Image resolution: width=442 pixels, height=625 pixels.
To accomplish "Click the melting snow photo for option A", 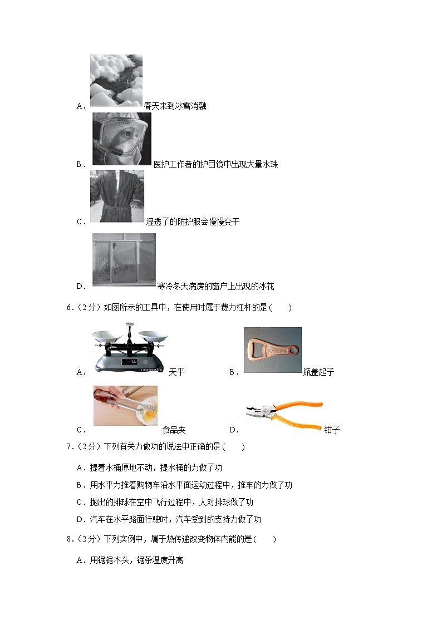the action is coord(116,81).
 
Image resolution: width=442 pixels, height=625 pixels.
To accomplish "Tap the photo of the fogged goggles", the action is coord(122,139).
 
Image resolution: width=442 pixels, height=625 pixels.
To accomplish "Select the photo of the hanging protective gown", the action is coord(117,196).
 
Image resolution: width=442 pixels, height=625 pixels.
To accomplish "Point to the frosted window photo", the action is coord(124,260).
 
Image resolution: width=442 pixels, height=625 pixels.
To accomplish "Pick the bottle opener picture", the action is coord(273,350).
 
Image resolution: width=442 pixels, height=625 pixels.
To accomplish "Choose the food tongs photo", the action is coord(126,405).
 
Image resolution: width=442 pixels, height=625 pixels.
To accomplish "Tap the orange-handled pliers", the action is coord(284,415).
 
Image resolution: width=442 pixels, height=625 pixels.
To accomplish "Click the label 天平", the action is coord(176,372).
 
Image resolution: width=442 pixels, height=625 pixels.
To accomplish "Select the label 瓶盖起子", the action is coord(318,372).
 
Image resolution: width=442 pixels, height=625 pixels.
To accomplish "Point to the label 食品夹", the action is coord(174,430).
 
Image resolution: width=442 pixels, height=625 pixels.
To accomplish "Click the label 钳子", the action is coord(332,430).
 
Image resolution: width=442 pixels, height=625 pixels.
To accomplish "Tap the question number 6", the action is coord(70,308).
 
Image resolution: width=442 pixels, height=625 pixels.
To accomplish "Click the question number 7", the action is coord(70,447).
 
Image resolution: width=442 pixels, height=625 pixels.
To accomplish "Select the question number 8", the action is coord(70,539).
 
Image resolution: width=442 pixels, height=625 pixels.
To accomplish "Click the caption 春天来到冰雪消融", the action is coord(175,106).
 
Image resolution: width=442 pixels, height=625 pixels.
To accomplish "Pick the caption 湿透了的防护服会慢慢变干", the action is coord(193,222).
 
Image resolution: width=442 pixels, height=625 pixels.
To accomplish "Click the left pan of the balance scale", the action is coord(107,336).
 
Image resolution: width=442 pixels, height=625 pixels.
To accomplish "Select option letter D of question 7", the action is coord(80,520).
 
